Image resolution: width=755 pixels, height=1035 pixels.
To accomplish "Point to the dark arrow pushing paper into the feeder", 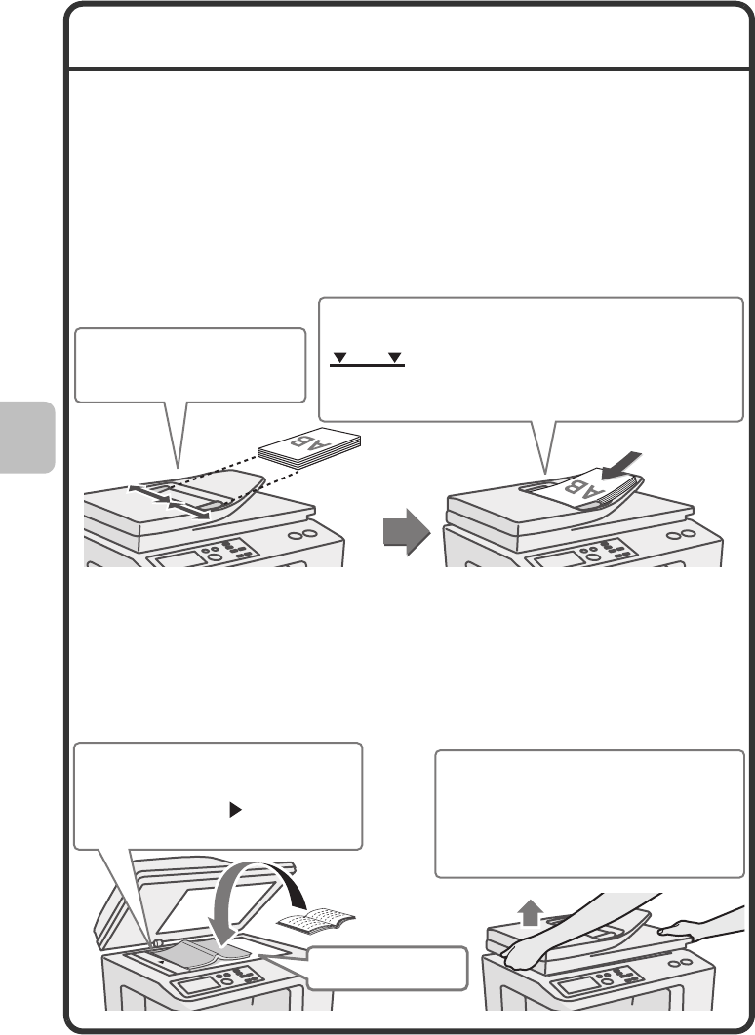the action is (x=621, y=466).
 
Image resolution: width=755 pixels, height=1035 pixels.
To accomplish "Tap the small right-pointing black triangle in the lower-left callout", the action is (x=234, y=810).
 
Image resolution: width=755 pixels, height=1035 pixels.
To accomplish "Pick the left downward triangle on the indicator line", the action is (x=339, y=357).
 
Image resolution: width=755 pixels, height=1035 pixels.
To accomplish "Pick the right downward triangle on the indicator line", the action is (x=395, y=357).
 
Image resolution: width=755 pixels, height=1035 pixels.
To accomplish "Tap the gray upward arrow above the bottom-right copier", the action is (x=530, y=915).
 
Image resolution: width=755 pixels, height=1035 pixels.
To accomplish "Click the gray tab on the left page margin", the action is (x=27, y=437).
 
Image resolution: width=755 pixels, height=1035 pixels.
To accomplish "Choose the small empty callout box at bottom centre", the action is (x=387, y=969).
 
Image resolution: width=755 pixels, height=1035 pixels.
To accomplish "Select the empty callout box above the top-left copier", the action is (x=190, y=365).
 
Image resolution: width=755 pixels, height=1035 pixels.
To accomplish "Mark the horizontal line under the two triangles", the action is (x=368, y=365).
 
